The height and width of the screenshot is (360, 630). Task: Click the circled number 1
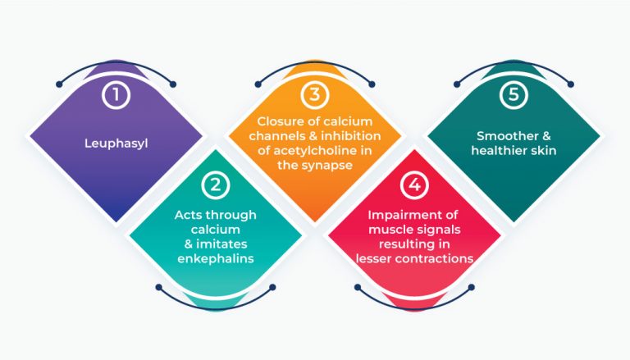coord(116,95)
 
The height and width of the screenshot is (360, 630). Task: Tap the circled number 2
coord(216,185)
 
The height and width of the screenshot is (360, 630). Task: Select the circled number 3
coord(315,94)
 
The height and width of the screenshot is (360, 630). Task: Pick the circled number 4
coord(414,185)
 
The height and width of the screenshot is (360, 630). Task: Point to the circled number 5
coord(514,94)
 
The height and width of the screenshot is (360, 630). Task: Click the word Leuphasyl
coord(116,144)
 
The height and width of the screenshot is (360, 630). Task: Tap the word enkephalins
coord(216,258)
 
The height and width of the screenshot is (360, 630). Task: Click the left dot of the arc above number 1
coord(59,84)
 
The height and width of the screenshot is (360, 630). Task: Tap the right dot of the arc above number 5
coord(571,84)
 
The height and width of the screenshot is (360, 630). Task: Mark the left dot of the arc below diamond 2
coord(158,287)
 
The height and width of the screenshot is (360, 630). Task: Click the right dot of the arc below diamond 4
coord(472,287)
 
